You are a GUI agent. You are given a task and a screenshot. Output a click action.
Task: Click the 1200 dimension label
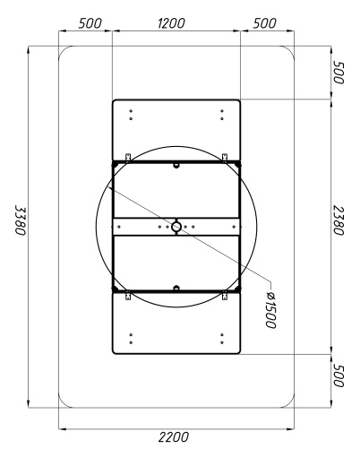click(171, 23)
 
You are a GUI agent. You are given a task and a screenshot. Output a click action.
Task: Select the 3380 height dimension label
click(21, 220)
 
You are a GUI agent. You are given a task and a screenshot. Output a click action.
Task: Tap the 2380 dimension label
click(339, 220)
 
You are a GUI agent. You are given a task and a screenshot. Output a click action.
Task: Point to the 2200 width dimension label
click(174, 437)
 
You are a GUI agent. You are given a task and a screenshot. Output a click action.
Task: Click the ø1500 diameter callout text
click(270, 310)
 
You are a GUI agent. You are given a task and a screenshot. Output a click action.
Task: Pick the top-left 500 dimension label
click(90, 23)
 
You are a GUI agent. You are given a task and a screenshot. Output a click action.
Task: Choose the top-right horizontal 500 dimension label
click(264, 23)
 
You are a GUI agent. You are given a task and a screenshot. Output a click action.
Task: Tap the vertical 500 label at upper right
click(339, 73)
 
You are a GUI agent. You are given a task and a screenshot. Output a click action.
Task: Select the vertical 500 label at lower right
click(339, 375)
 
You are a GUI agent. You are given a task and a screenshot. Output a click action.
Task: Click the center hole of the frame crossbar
click(176, 227)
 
